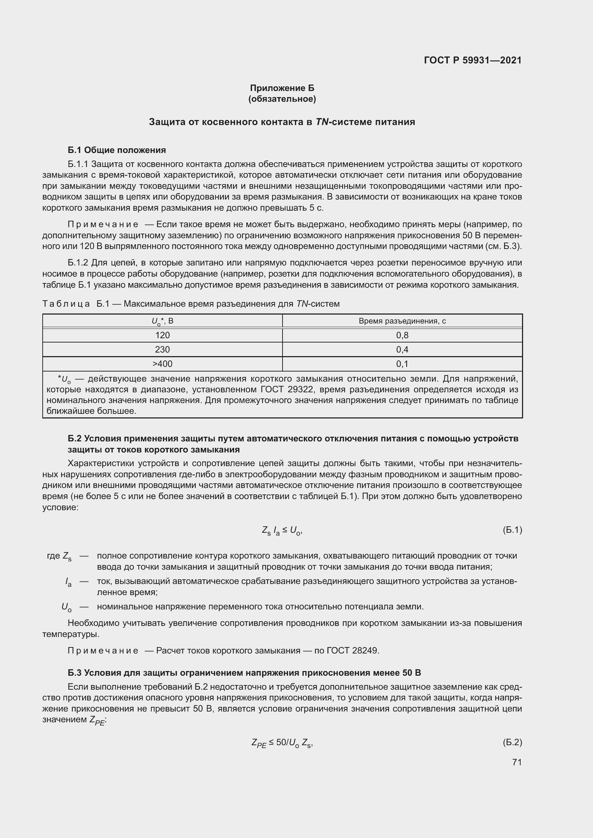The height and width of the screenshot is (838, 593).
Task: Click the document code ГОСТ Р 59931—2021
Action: [473, 60]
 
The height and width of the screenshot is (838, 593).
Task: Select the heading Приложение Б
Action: [282, 88]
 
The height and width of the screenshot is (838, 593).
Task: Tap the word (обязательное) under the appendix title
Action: [282, 99]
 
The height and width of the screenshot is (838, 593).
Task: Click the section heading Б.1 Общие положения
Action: [117, 150]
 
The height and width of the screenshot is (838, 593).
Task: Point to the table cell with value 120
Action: [162, 335]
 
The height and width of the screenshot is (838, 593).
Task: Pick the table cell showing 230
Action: [162, 349]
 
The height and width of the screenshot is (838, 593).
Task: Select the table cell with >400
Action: [162, 364]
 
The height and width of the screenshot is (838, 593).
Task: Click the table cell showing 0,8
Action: [402, 335]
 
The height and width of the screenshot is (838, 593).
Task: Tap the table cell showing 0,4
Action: [402, 349]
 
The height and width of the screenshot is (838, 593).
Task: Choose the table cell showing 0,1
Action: [402, 364]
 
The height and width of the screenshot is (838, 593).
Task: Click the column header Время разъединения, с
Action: [402, 321]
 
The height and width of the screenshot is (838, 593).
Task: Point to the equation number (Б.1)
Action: [512, 530]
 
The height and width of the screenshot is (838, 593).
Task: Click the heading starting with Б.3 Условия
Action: [244, 672]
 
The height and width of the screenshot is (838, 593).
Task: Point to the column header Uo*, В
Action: [162, 321]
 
